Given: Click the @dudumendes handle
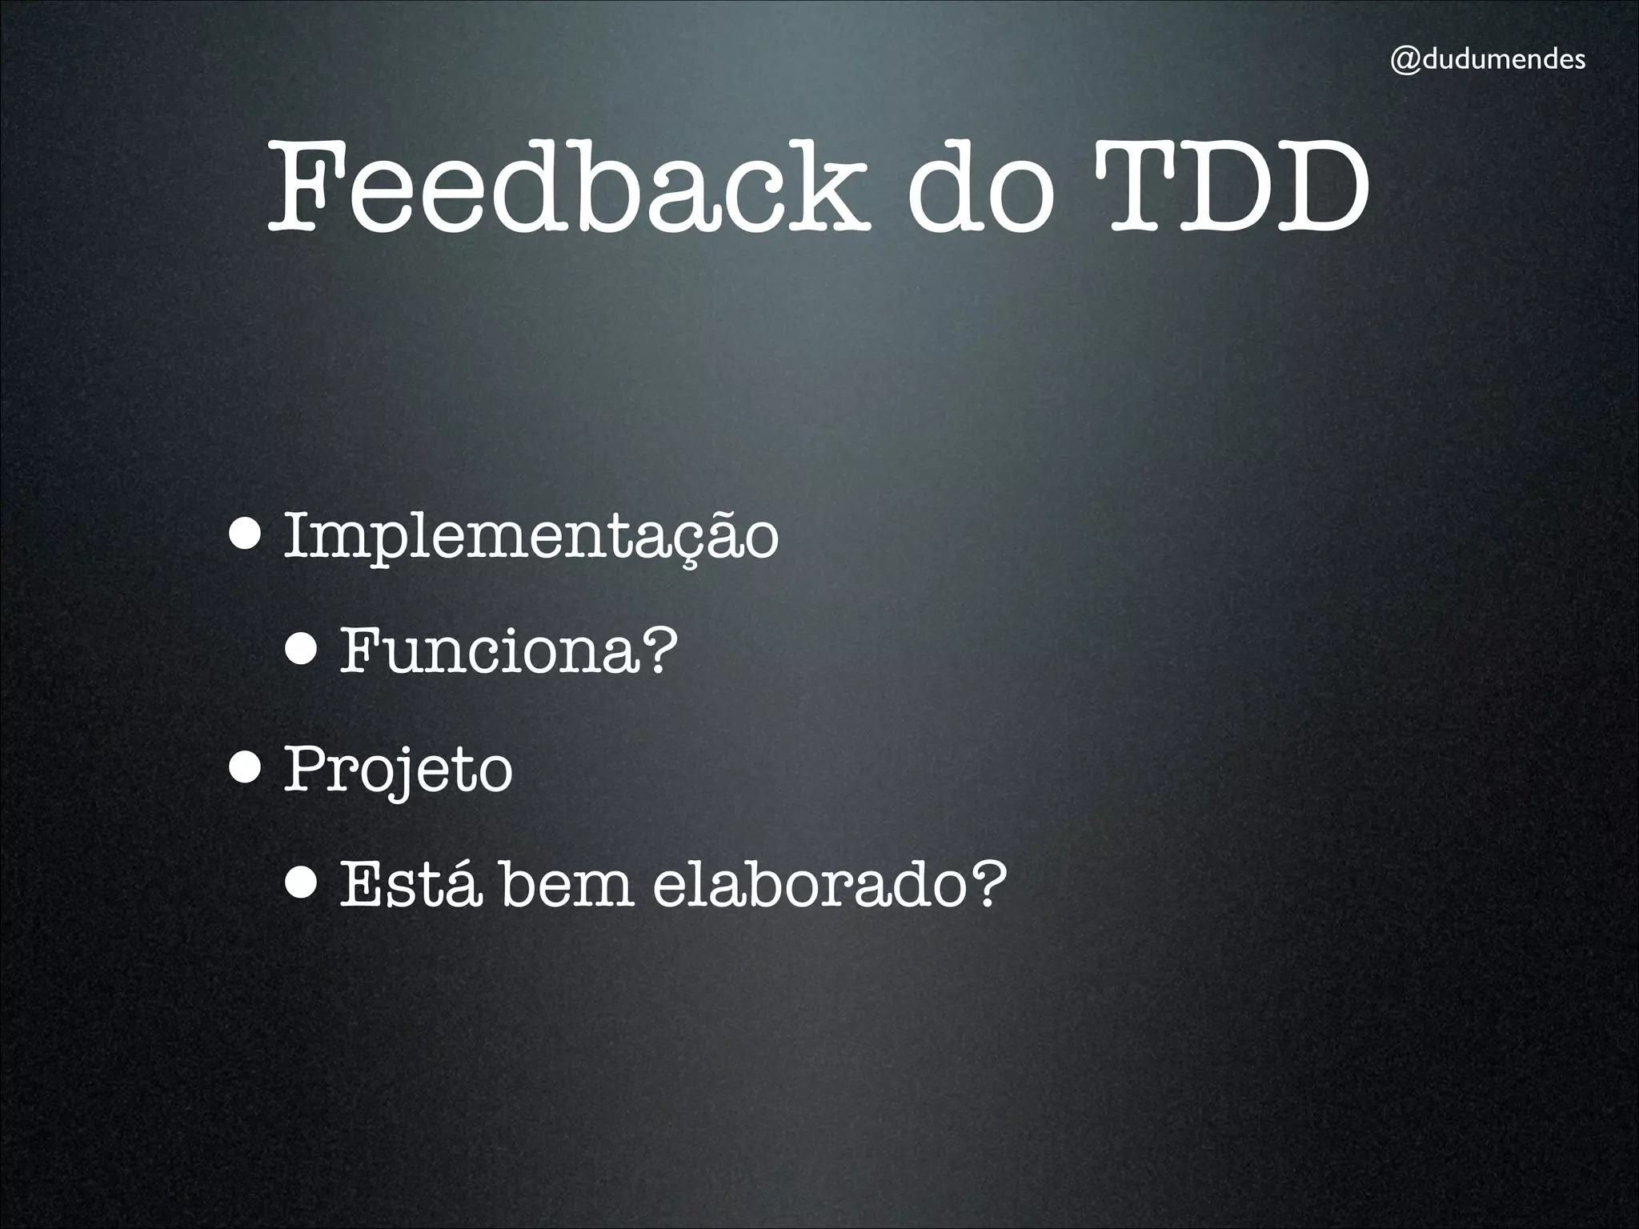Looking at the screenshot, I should (x=1487, y=61).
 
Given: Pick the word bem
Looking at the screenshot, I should (x=567, y=885).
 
